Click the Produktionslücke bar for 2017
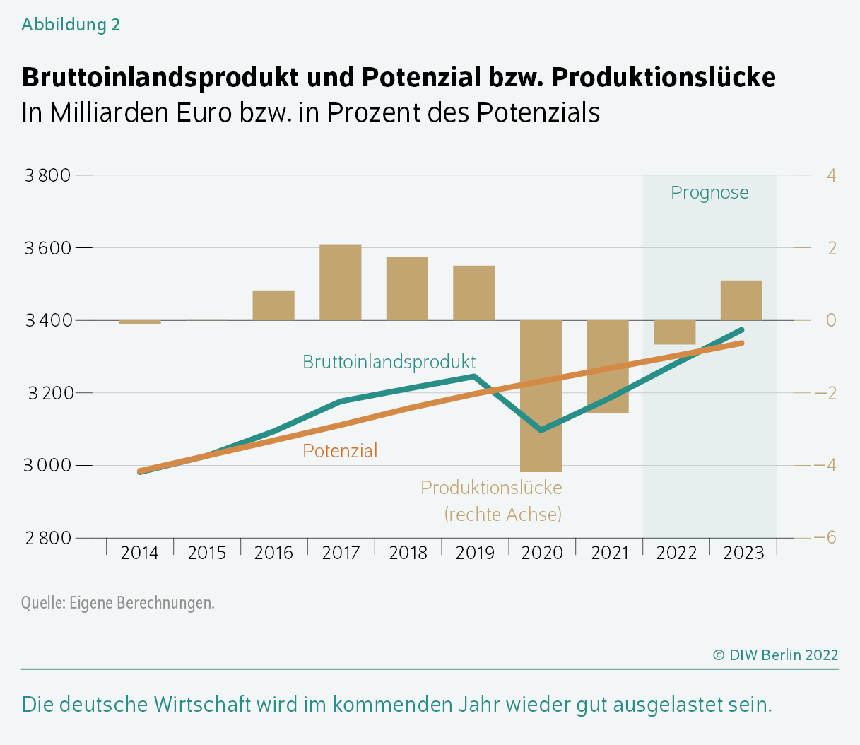[340, 282]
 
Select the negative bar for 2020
[541, 396]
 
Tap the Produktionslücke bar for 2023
[741, 300]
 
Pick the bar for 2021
[608, 366]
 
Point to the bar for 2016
[273, 305]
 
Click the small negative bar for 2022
[675, 332]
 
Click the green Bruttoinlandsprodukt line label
[389, 362]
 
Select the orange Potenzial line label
[340, 451]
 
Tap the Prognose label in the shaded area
[709, 193]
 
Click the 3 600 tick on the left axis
[47, 248]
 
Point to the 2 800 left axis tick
[47, 538]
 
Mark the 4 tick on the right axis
[831, 175]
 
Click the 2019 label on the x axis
[475, 553]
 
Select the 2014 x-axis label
[139, 553]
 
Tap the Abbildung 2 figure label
[71, 25]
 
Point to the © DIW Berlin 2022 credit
[775, 655]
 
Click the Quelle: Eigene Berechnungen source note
[117, 603]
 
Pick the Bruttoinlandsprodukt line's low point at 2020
[541, 430]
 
